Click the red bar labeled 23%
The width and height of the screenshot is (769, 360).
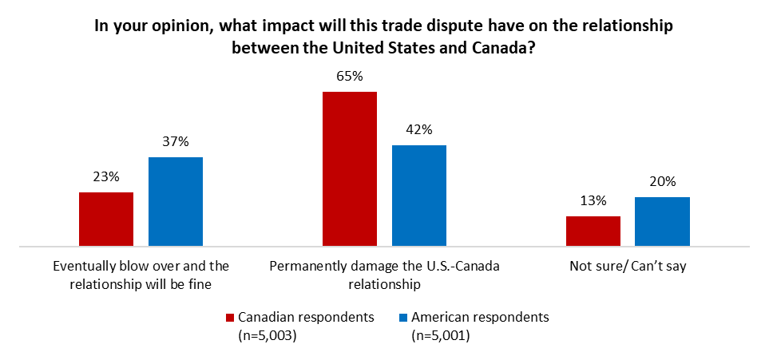[x=106, y=220]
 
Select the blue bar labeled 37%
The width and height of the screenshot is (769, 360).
[x=176, y=202]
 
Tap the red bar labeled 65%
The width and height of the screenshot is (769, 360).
[x=349, y=169]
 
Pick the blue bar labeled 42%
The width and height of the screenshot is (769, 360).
[x=419, y=196]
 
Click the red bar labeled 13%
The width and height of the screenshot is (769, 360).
[x=593, y=231]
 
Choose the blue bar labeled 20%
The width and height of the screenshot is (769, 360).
[x=662, y=222]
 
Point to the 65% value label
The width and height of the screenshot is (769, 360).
[x=350, y=77]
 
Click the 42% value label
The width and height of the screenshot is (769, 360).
[x=419, y=129]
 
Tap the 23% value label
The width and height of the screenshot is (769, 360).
[x=106, y=177]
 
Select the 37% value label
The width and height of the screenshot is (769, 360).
[x=176, y=142]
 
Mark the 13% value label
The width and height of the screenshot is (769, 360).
[x=593, y=200]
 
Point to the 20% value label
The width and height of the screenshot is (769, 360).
[x=662, y=181]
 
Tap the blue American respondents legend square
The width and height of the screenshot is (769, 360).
[x=402, y=318]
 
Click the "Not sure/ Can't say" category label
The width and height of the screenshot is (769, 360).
[x=628, y=267]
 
